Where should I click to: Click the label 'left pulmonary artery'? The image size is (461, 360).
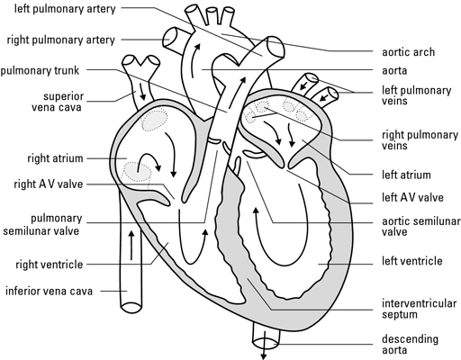pyautogui.click(x=62, y=11)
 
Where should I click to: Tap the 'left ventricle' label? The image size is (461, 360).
pyautogui.click(x=405, y=261)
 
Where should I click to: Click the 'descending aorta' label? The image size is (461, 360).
pyautogui.click(x=402, y=345)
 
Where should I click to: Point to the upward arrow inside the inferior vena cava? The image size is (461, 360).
pyautogui.click(x=133, y=244)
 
